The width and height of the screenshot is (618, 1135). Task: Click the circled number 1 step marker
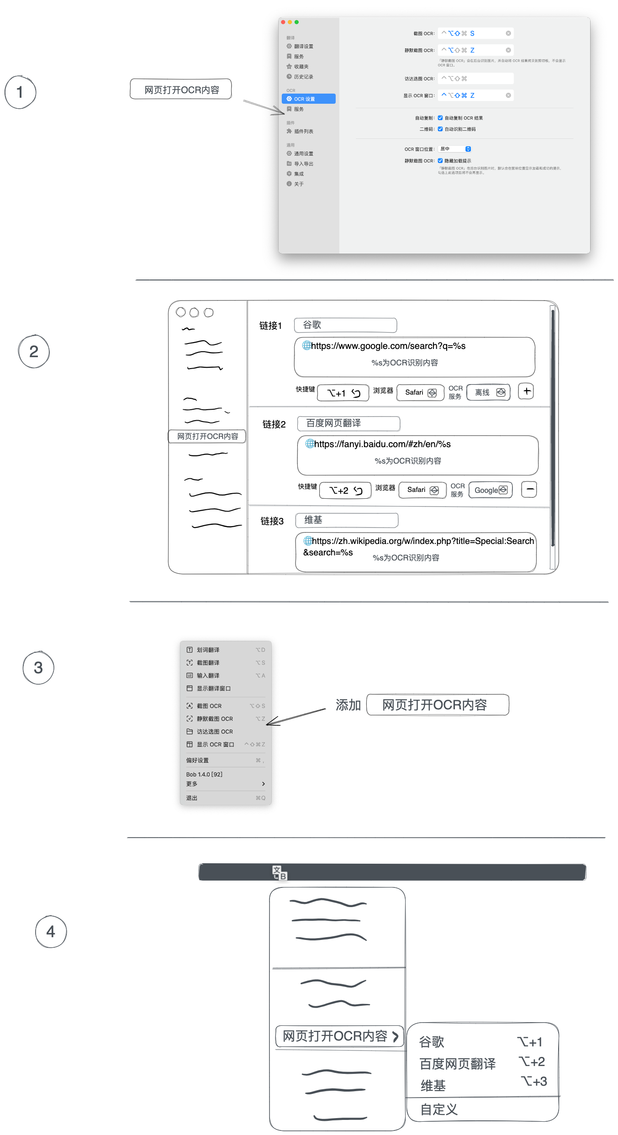tap(20, 92)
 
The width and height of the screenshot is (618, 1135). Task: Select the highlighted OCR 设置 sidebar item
tap(308, 99)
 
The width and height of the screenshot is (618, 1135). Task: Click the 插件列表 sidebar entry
tap(303, 132)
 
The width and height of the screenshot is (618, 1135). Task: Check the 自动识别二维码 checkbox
tap(440, 129)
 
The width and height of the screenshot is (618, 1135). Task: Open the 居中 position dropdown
tap(454, 149)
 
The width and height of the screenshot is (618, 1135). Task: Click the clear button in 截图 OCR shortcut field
tap(508, 33)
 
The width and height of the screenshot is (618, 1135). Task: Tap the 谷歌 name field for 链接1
tap(345, 325)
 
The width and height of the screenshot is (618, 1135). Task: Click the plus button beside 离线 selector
tap(526, 391)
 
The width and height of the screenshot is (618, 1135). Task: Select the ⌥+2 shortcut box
tap(345, 491)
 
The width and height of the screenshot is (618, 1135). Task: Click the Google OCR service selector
tap(491, 490)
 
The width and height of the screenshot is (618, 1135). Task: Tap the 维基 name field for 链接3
tap(347, 520)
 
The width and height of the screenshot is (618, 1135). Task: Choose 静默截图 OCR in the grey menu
tap(215, 719)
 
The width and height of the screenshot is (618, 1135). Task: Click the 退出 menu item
tap(192, 798)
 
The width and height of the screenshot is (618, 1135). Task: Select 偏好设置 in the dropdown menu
tap(198, 760)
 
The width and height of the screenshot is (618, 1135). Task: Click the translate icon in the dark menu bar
tap(279, 873)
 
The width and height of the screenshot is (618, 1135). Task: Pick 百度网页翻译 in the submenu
tap(458, 1064)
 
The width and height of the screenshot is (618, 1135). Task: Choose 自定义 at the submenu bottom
tap(439, 1109)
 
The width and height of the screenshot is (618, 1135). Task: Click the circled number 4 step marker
tap(51, 932)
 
